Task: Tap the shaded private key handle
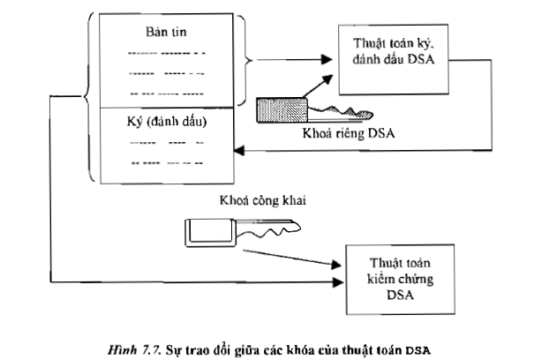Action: [280, 110]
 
